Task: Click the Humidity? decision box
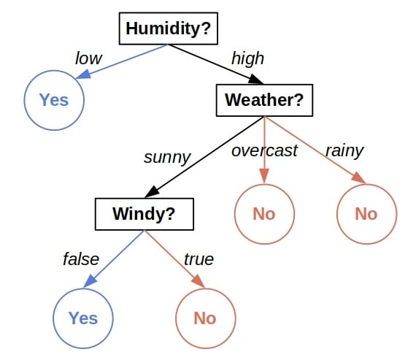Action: coord(169,29)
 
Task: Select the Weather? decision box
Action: coord(263,100)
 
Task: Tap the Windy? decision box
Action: coord(145,214)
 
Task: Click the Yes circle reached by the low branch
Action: coord(54,99)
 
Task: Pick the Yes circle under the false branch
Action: coord(83,318)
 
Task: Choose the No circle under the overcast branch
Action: coord(264,213)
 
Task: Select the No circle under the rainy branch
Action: coord(366,213)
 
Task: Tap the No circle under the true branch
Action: coord(206,318)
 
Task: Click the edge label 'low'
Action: coord(89,58)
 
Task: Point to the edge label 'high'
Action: coord(247,58)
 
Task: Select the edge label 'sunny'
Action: coord(167,156)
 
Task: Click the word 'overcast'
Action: coord(264,150)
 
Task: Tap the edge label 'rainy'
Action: coord(344,150)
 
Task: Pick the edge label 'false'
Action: coord(81,258)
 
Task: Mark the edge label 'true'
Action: coord(199,258)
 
